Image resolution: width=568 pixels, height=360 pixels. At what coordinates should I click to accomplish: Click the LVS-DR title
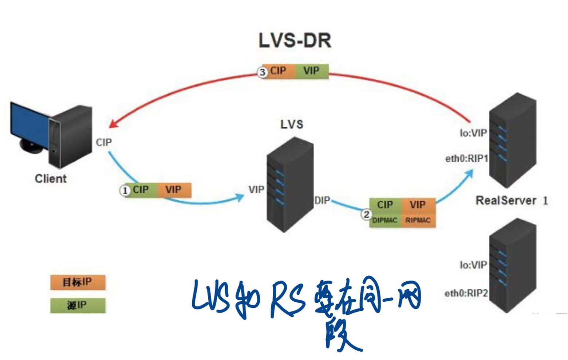click(x=295, y=40)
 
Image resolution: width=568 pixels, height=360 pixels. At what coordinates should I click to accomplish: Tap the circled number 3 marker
click(x=262, y=72)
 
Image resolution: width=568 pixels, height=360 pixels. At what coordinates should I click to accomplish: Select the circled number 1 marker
click(x=125, y=191)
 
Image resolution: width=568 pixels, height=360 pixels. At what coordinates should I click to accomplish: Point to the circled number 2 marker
click(x=366, y=214)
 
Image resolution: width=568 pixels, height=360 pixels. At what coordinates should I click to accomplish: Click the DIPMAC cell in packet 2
click(x=385, y=220)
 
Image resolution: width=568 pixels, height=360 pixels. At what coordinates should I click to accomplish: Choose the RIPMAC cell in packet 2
click(x=418, y=220)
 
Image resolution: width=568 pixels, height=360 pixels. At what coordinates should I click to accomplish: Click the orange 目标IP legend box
click(x=77, y=282)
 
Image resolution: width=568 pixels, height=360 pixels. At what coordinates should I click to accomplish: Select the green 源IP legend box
click(x=77, y=305)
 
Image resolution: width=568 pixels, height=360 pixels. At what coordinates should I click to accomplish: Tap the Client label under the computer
click(x=51, y=179)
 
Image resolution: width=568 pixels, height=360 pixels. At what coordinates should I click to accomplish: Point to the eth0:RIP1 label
click(x=466, y=159)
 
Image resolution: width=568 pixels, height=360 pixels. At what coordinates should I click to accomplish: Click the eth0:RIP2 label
click(x=466, y=293)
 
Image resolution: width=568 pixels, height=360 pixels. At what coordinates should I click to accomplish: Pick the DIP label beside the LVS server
click(x=322, y=200)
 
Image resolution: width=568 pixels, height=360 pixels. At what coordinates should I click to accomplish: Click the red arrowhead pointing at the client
click(x=113, y=124)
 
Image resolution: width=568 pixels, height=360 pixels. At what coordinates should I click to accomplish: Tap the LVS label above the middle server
click(x=291, y=124)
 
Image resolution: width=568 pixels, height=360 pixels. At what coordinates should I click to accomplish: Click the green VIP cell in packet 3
click(x=311, y=71)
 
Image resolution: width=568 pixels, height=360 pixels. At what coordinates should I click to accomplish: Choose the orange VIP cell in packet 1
click(x=173, y=190)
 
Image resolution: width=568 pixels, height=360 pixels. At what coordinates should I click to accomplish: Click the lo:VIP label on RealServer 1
click(x=473, y=133)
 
